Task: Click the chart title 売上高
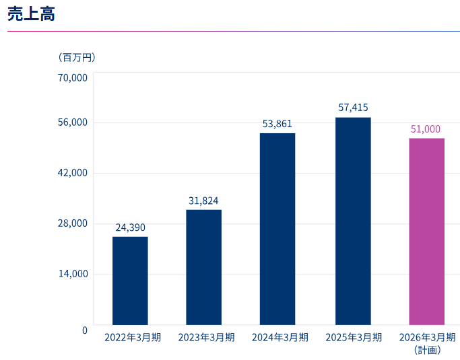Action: [31, 14]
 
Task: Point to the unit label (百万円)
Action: [77, 57]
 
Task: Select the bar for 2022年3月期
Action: [130, 281]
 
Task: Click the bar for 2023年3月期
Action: [203, 267]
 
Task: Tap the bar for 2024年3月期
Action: [277, 229]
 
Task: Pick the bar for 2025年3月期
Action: [353, 221]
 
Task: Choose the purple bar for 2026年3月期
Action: [426, 231]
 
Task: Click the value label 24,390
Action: [130, 227]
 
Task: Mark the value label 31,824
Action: [203, 201]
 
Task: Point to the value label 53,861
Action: [277, 124]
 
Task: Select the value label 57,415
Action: [353, 108]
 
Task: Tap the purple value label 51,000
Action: [426, 129]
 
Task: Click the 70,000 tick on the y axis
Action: [73, 77]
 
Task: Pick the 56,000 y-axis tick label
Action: [73, 122]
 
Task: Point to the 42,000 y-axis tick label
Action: [73, 173]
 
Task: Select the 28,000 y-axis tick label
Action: [73, 223]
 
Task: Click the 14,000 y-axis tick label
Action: [73, 274]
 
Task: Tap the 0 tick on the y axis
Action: [85, 330]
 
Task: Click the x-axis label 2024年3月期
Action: [280, 337]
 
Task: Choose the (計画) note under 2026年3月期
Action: [427, 350]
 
